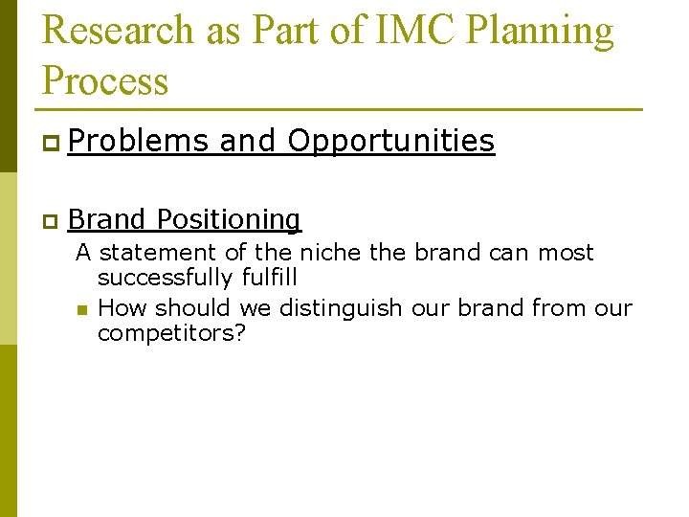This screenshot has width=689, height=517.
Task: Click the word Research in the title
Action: click(x=119, y=31)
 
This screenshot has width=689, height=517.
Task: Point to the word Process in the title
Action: click(x=105, y=81)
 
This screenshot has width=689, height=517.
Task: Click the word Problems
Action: click(x=138, y=142)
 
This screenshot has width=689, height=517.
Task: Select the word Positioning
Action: click(x=229, y=220)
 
